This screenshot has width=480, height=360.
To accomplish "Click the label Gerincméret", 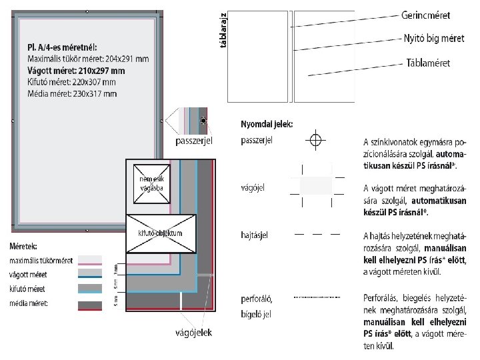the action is coord(425,15).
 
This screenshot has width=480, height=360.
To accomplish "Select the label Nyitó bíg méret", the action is coord(434,38).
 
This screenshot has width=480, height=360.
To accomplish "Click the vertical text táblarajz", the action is coord(223,30).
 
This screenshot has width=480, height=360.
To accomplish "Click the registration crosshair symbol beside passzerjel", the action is coord(315,140).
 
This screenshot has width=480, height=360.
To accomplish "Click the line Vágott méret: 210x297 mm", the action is coord(76,70).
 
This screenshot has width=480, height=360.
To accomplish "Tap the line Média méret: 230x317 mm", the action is coord(73,93).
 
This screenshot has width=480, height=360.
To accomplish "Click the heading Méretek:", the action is coord(23,247).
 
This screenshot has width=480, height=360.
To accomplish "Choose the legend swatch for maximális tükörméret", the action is coord(90,261).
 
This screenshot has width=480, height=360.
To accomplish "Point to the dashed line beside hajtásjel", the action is coord(317,234).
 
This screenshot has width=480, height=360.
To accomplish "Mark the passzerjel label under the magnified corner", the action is coord(193,141).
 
